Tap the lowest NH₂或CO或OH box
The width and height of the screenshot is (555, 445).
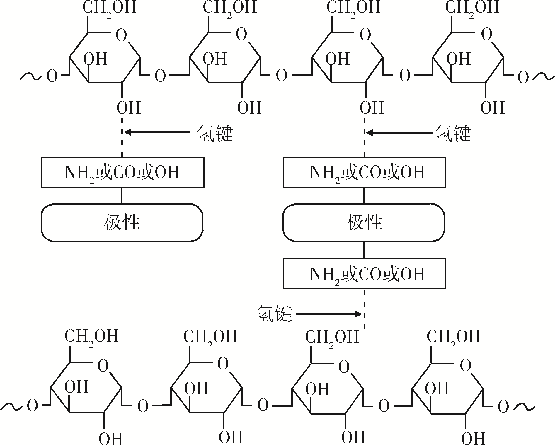(x=364, y=273)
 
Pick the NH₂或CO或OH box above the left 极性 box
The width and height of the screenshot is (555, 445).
(x=122, y=172)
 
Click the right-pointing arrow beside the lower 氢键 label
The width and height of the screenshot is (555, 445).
(x=329, y=314)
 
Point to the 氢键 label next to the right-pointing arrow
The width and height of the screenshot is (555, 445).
(x=274, y=314)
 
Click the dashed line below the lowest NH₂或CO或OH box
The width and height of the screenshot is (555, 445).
(x=364, y=309)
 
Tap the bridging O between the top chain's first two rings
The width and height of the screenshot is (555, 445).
(x=160, y=76)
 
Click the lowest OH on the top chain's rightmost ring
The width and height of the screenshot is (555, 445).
(x=493, y=108)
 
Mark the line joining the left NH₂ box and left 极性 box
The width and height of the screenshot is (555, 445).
(x=122, y=196)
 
